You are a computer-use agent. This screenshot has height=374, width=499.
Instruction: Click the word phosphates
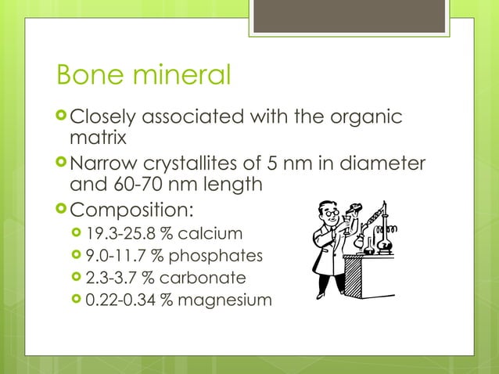pyautogui.click(x=216, y=255)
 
